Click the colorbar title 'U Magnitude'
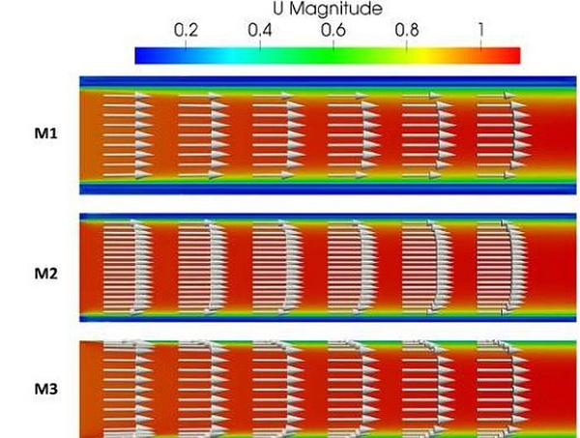[x=327, y=10]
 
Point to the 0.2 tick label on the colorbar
[x=186, y=30]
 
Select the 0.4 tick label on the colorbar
[x=259, y=30]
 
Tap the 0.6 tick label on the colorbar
[x=333, y=30]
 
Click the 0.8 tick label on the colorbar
[x=408, y=30]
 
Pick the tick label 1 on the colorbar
[x=480, y=30]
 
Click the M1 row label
[x=44, y=133]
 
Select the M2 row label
[x=44, y=274]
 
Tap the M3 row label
[x=44, y=391]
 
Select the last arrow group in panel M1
[x=503, y=134]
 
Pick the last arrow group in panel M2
[x=503, y=268]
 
